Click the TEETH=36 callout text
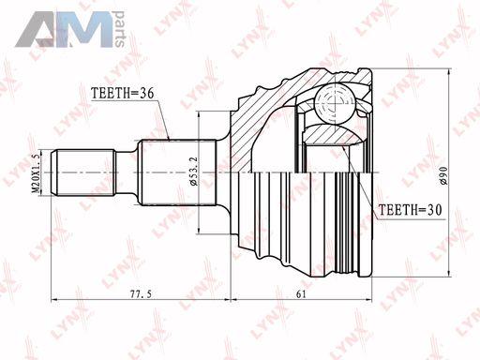[x=122, y=93]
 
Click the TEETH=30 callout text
[x=410, y=210]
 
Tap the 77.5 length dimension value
[x=141, y=294]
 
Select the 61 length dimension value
[x=301, y=294]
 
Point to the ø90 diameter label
[x=444, y=175]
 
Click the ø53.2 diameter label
[x=194, y=172]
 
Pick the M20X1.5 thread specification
[x=37, y=172]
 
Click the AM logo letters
[x=64, y=30]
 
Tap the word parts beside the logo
[x=120, y=29]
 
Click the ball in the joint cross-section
[x=335, y=102]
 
